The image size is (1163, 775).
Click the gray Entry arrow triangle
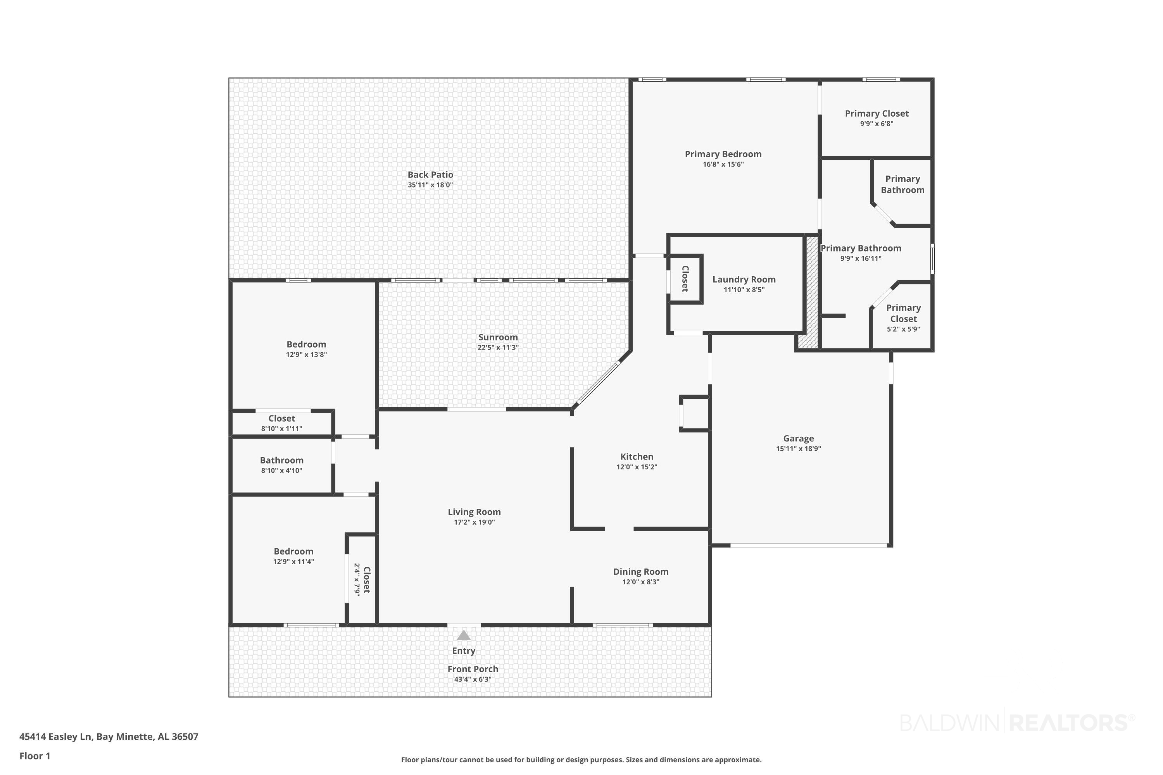[463, 635]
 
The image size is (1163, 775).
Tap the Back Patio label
[430, 174]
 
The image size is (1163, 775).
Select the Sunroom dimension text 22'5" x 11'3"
[498, 348]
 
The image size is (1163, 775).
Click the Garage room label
[798, 438]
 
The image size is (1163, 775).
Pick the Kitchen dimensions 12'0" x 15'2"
[637, 467]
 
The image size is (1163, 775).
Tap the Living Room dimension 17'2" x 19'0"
[474, 522]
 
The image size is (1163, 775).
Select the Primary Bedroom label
[723, 154]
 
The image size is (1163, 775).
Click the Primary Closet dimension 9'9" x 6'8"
[877, 124]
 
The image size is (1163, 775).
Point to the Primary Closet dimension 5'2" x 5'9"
[903, 329]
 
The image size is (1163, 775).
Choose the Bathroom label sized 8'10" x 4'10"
[282, 460]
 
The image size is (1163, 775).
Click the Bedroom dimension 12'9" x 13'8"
[307, 355]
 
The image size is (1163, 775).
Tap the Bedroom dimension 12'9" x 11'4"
[294, 562]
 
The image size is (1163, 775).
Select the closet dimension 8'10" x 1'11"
[282, 429]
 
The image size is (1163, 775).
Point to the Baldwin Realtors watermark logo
[1017, 723]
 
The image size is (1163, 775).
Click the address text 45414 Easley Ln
[56, 737]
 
